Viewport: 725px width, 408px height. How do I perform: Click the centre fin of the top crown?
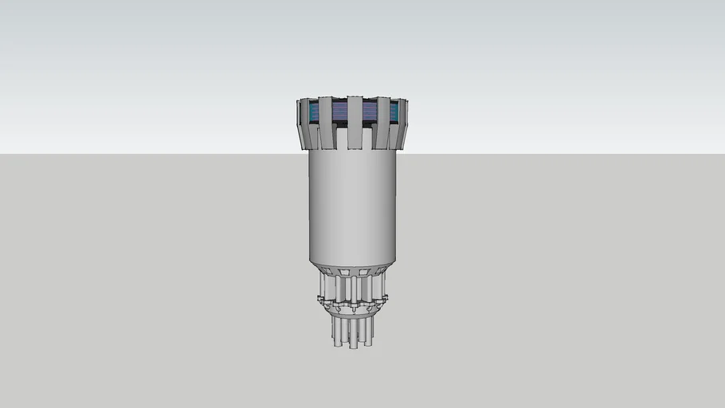(355, 123)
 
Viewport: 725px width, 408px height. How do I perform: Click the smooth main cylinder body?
(352, 207)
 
